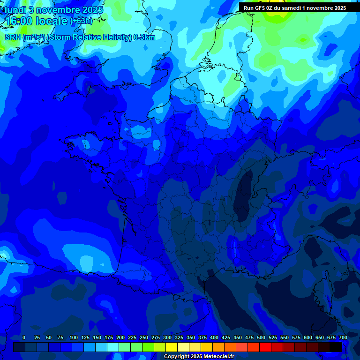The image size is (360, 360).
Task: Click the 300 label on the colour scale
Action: click(167, 337)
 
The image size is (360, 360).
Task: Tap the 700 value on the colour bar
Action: click(343, 337)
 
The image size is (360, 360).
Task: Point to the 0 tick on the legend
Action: click(24, 337)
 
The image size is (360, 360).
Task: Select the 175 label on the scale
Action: click(109, 337)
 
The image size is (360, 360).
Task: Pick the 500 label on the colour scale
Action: click(261, 337)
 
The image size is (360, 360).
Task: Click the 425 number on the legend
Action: click(226, 337)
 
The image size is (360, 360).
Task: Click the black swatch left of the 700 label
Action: click(336, 347)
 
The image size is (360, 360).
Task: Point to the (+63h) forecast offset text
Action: click(81, 21)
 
